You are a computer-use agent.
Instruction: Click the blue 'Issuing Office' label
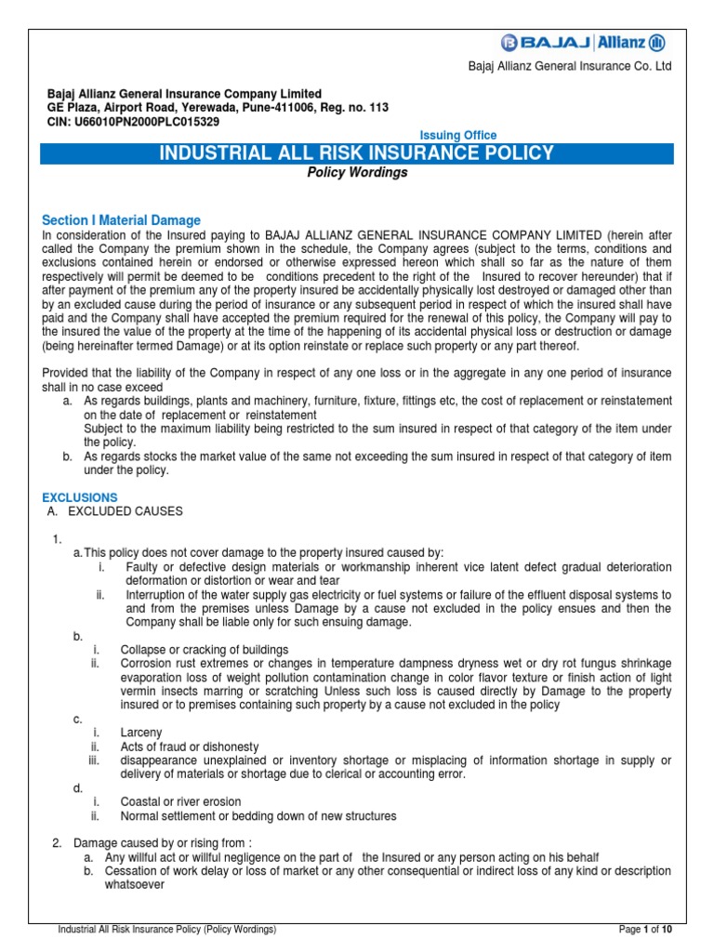click(x=459, y=136)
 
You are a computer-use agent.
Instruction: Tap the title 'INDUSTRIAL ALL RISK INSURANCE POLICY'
click(x=358, y=153)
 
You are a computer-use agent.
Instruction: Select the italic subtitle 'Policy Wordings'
click(x=358, y=173)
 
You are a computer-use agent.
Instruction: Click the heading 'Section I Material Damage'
click(x=121, y=220)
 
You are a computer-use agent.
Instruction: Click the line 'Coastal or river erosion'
click(x=180, y=801)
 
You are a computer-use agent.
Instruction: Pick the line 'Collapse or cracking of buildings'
click(x=205, y=649)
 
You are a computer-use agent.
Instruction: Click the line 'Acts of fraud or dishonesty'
click(x=190, y=747)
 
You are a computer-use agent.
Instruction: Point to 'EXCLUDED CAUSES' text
click(x=126, y=511)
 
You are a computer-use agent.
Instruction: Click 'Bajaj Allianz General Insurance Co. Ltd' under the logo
click(x=581, y=67)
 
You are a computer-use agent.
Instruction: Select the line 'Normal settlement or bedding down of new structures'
click(x=258, y=815)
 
